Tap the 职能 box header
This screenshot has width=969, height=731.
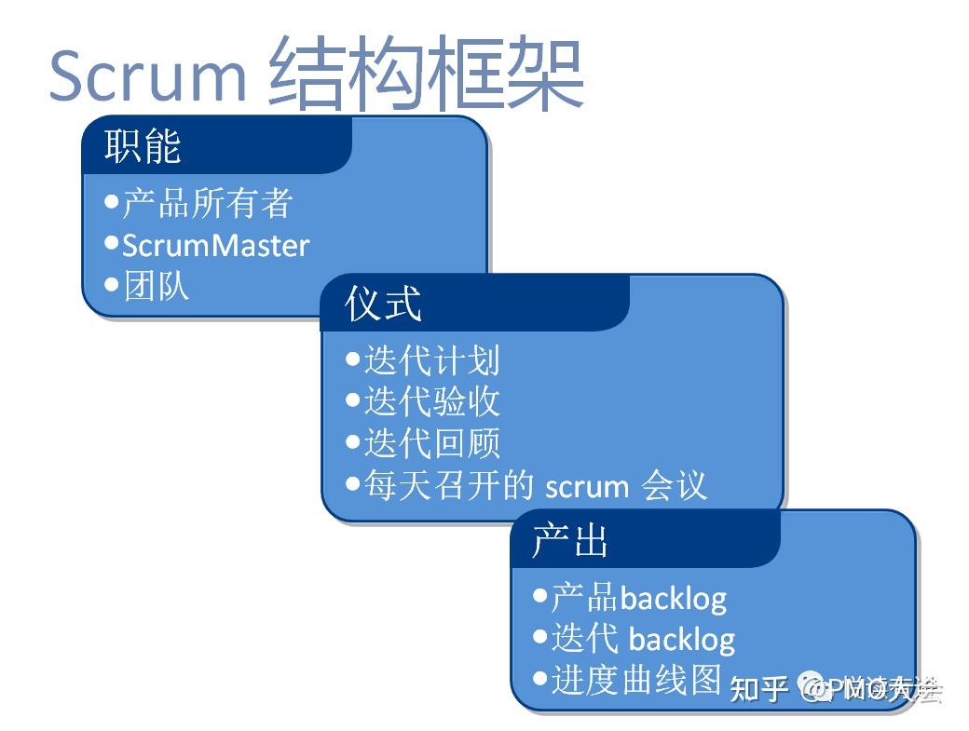[x=143, y=145]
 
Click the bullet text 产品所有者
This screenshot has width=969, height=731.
[x=208, y=203]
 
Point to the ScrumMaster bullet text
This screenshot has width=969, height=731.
[x=215, y=245]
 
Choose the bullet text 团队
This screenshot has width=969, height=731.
[x=157, y=286]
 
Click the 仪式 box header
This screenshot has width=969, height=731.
[x=383, y=304]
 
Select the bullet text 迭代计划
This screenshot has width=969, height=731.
[x=431, y=359]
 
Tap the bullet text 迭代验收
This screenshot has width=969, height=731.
[x=431, y=401]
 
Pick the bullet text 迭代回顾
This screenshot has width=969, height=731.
[x=431, y=443]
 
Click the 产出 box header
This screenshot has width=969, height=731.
[x=570, y=540]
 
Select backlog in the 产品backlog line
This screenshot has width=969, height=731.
[x=673, y=598]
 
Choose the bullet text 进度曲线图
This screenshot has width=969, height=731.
[x=636, y=680]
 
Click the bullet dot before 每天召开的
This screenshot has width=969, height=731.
[x=352, y=483]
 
